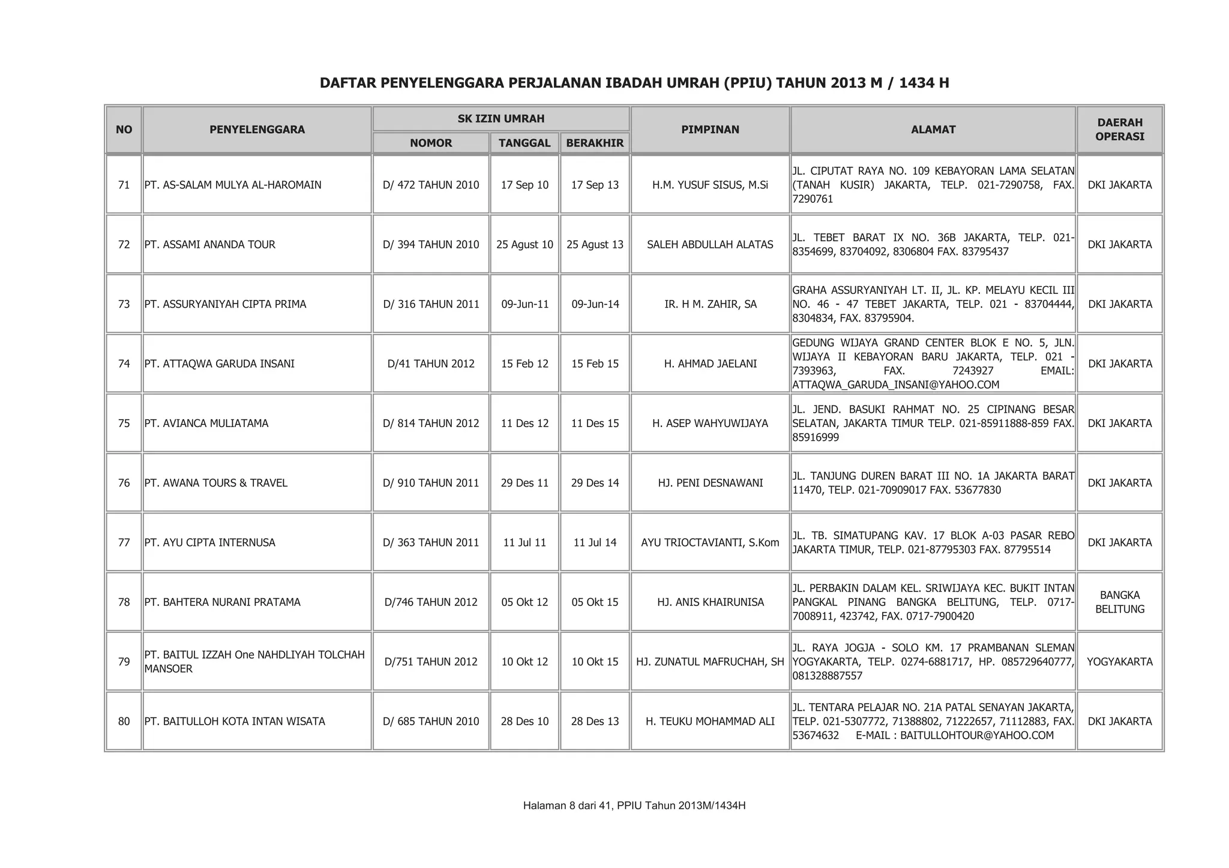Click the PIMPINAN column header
[710, 130]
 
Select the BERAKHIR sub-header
[595, 143]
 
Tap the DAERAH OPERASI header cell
[1119, 130]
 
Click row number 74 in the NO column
[124, 364]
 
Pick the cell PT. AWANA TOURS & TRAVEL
[216, 483]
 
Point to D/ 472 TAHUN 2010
[431, 185]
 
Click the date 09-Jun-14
[595, 304]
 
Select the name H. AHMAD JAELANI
[710, 364]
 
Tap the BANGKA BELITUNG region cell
[1120, 602]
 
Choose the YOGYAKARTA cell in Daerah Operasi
[1120, 662]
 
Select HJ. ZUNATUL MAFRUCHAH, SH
[710, 662]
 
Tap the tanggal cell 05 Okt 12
[524, 602]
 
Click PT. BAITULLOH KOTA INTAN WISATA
[235, 721]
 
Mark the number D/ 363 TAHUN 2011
[431, 542]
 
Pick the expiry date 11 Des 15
[595, 424]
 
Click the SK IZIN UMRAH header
[500, 119]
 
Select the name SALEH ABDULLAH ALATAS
[710, 245]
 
